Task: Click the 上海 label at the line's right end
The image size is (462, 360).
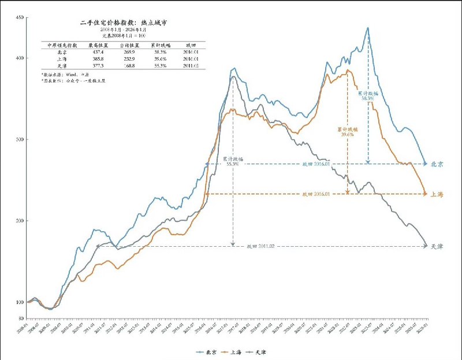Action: (437, 195)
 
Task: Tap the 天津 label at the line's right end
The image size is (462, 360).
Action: (437, 247)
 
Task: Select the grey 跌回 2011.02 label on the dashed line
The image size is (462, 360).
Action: (259, 247)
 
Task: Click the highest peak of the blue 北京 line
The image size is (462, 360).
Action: (368, 27)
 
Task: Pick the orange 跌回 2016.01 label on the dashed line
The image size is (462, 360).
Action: (315, 194)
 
